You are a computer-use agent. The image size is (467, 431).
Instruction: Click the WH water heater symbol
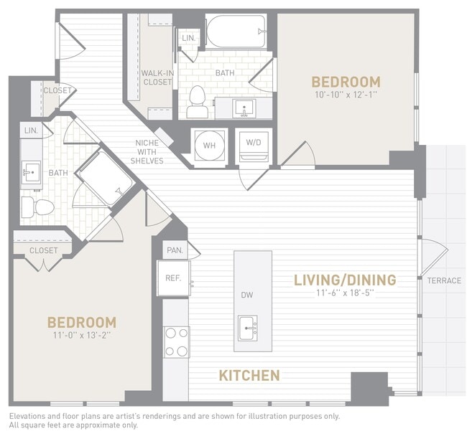click(209, 146)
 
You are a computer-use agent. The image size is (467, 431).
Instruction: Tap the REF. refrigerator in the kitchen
click(173, 278)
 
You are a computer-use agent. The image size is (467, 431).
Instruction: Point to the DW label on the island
click(246, 295)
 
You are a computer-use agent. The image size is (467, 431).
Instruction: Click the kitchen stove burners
click(176, 341)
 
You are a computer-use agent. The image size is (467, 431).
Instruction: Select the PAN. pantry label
click(174, 250)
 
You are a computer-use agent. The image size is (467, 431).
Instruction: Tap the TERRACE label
click(444, 280)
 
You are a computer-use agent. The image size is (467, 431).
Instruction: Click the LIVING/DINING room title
click(345, 279)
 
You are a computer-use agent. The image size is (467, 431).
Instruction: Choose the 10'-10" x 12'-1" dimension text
click(346, 95)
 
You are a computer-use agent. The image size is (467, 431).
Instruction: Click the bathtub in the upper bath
click(236, 31)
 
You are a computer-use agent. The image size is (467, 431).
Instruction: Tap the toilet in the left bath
click(39, 208)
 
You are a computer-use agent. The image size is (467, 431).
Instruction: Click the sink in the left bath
click(32, 173)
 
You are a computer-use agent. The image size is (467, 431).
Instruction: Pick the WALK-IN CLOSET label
click(156, 77)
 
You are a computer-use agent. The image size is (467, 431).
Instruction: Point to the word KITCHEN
click(249, 375)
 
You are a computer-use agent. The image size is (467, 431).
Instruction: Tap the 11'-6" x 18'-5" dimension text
click(345, 293)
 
